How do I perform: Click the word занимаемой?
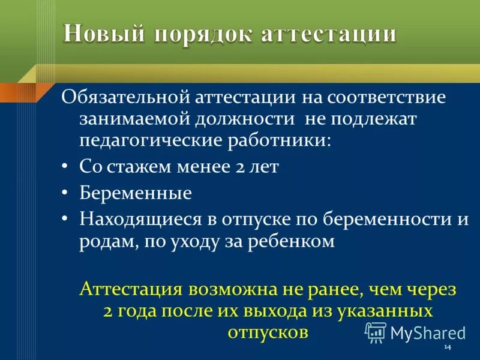[131, 119]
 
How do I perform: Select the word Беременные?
[136, 193]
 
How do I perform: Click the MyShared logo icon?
[376, 331]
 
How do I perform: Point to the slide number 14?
[447, 349]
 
